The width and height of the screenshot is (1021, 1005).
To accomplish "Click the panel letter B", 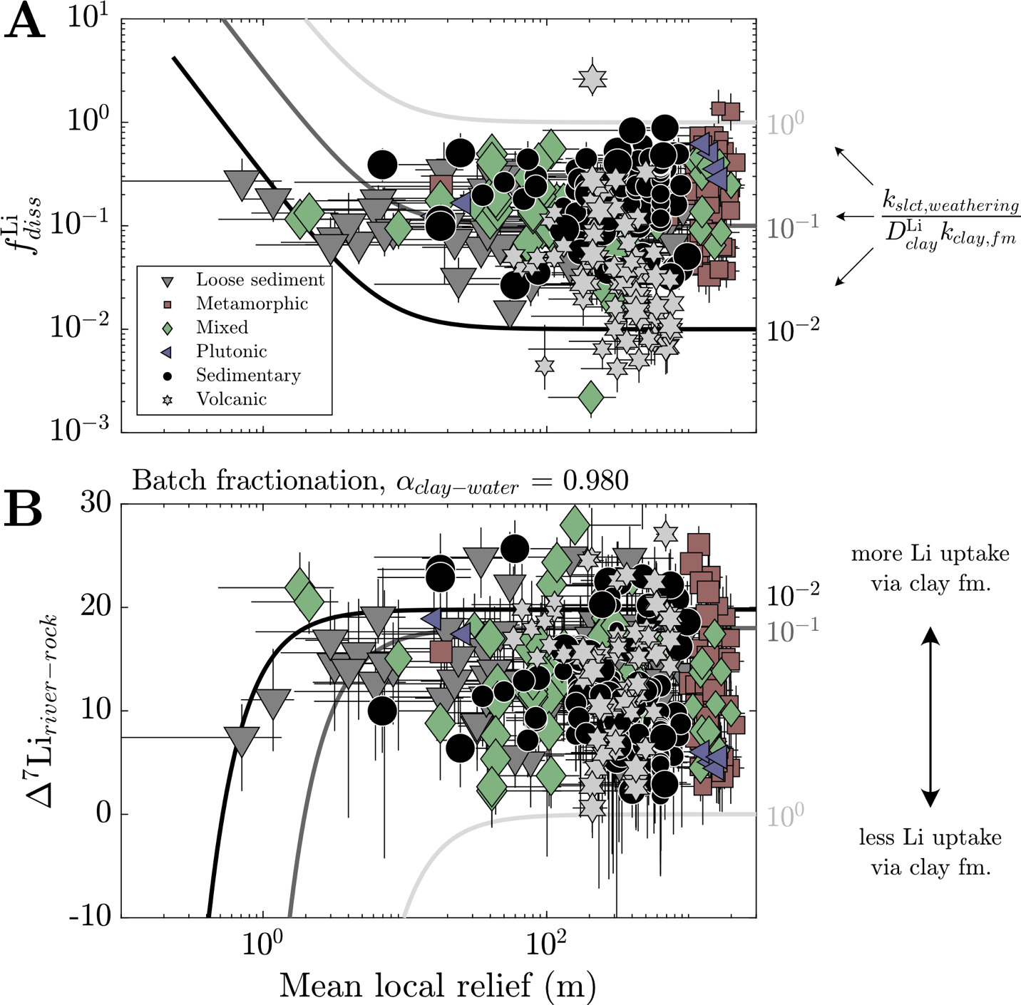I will coord(23,509).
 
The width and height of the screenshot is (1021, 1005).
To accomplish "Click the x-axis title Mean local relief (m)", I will coord(437,985).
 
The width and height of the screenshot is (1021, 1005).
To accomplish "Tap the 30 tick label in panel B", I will coord(96,502).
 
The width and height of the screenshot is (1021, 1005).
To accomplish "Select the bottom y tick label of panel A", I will coord(80,429).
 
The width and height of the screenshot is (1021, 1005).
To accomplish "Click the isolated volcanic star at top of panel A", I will coord(591,79).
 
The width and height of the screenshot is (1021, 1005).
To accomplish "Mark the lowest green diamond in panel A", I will coord(591,397).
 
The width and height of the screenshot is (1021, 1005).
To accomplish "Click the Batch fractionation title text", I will coord(380,481).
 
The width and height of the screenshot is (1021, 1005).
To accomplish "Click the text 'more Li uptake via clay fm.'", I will coord(930,569).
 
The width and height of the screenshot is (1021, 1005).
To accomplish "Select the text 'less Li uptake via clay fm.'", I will coord(930,852).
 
